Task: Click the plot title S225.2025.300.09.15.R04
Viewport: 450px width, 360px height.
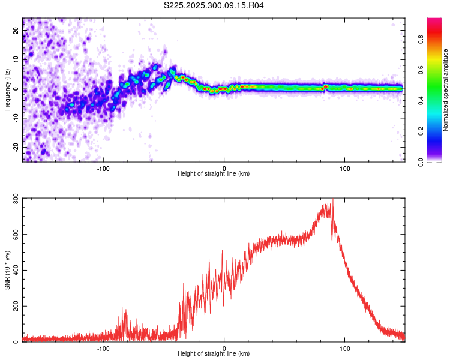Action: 214,6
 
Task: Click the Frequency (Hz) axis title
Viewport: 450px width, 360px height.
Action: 7,90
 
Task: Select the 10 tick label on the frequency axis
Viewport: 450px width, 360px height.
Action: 16,59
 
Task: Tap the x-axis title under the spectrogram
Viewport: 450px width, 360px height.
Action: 214,174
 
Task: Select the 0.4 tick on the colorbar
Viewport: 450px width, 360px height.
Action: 421,101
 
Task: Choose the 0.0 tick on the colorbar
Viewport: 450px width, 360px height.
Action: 421,161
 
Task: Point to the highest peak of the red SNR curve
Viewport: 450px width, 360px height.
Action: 332,200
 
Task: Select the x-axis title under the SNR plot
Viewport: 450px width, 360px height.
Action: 214,354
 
